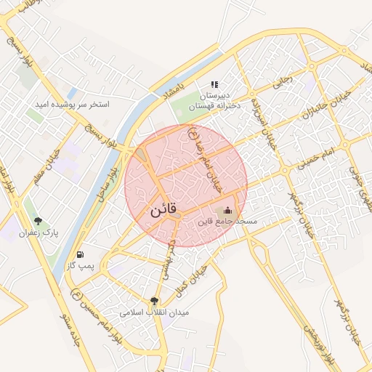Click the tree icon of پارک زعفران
[x=38, y=221]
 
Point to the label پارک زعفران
[x=39, y=232]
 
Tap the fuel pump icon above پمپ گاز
[x=79, y=254]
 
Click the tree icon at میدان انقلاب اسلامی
[x=154, y=301]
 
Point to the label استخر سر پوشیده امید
[x=73, y=105]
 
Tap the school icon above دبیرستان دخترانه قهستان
[x=214, y=84]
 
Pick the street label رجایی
[x=281, y=82]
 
